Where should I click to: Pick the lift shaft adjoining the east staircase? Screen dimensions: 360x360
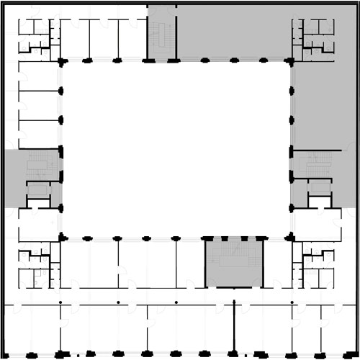click(318, 194)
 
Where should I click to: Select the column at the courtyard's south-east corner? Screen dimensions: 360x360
click(292, 237)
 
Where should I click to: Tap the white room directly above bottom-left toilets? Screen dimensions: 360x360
click(35, 225)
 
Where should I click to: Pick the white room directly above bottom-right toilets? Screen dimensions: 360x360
click(317, 225)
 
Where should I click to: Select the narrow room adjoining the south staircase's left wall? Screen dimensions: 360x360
click(191, 264)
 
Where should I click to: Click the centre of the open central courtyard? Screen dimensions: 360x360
click(176, 149)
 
